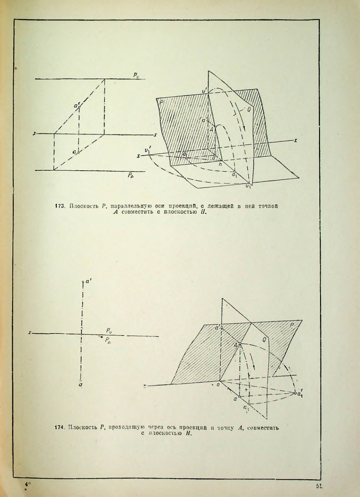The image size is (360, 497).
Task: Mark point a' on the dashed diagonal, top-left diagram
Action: click(79, 107)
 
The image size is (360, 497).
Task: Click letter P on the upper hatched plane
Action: click(161, 102)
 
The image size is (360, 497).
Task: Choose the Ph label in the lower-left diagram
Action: click(107, 340)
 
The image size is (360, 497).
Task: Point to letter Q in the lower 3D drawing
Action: click(264, 340)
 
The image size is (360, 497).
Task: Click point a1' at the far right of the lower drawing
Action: click(295, 393)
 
